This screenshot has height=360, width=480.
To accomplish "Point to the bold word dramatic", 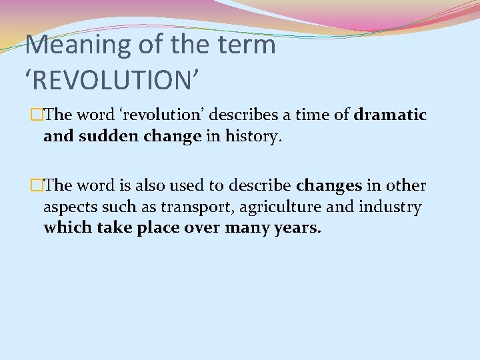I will click(390, 115).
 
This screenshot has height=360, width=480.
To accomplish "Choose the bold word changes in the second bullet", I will click(329, 185).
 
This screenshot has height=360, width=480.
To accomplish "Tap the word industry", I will click(390, 207).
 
